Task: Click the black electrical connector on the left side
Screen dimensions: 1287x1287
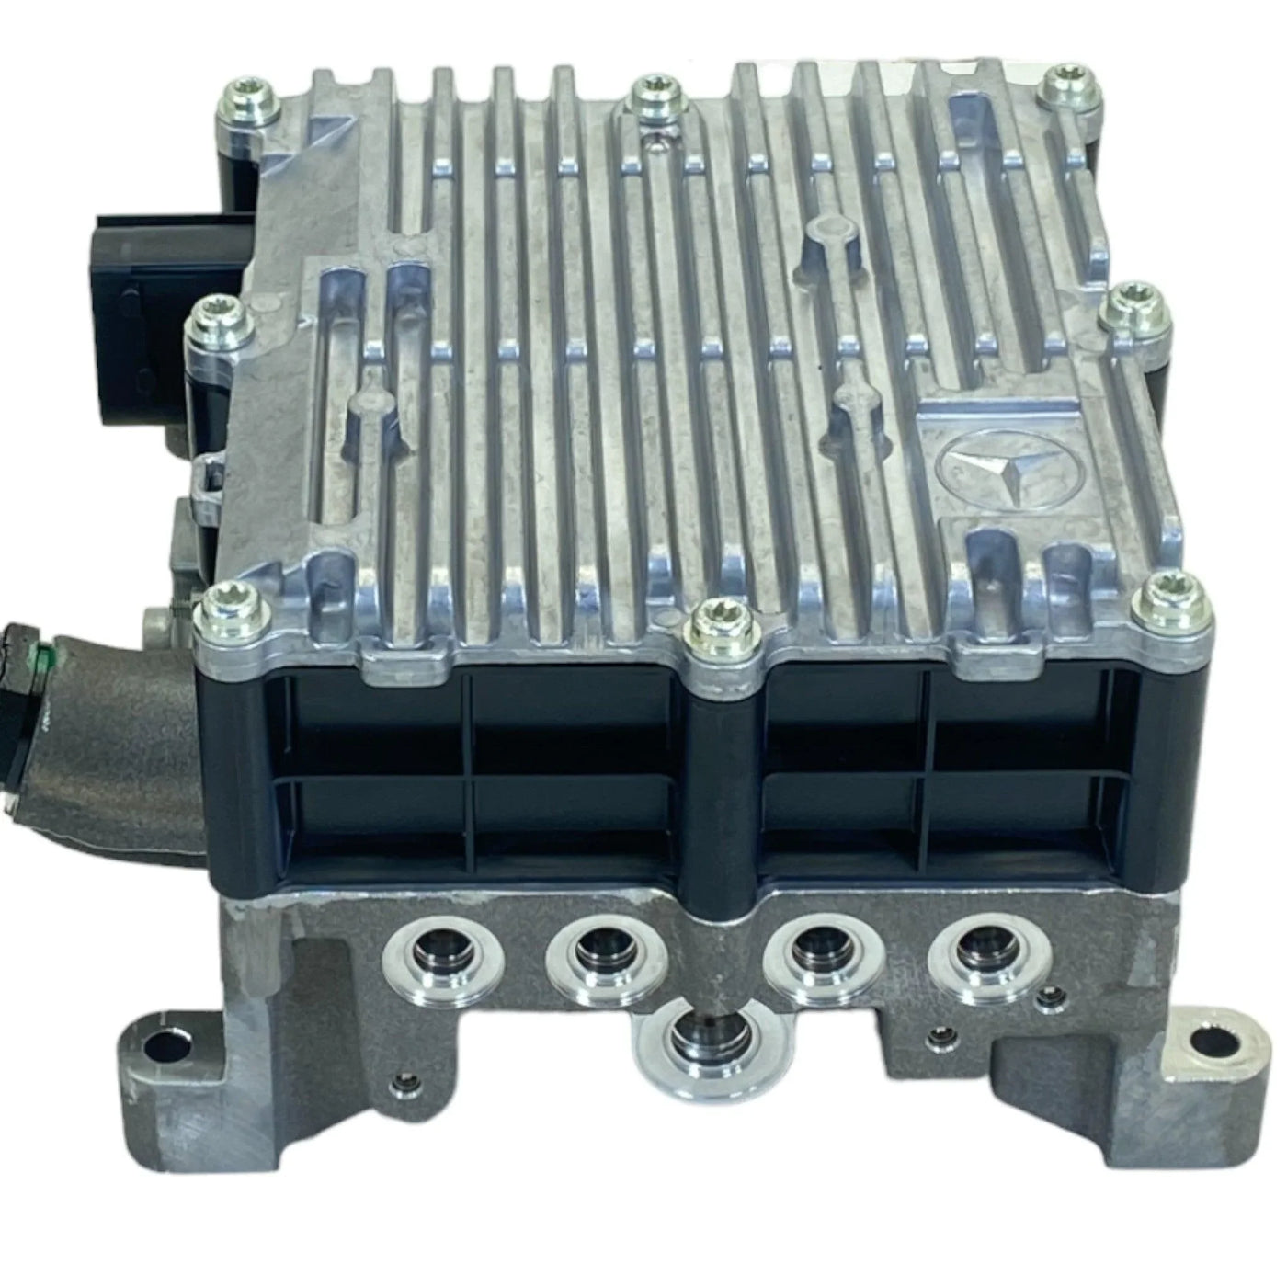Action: click(133, 276)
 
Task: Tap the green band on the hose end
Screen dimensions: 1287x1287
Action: click(37, 655)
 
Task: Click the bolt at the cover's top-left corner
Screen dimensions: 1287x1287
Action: click(241, 99)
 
